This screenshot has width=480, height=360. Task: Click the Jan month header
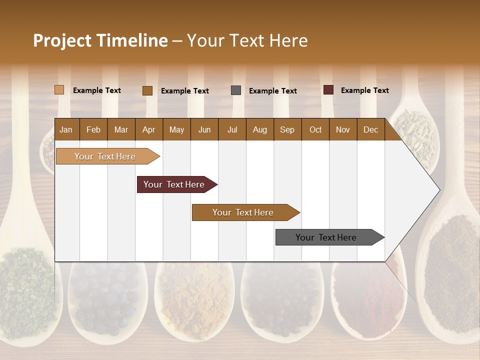pos(66,129)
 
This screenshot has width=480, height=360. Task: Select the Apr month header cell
pos(148,129)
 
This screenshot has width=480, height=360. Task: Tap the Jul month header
pos(232,129)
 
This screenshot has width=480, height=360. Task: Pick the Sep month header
pos(287,129)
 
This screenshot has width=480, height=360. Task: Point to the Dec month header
pos(370,129)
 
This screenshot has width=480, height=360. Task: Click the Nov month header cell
pos(342,129)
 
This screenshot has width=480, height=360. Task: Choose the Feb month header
pos(93,129)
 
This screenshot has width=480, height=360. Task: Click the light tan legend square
pos(59,90)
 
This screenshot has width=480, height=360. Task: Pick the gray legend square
pos(236,90)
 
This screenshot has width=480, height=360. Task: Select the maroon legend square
pos(328,90)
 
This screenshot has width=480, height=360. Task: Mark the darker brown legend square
pos(147,90)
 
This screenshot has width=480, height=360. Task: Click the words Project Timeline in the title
pos(100,40)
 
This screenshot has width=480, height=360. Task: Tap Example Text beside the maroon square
pos(364,90)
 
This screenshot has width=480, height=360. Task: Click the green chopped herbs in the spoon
pos(25,290)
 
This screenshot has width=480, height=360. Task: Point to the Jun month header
pos(204,129)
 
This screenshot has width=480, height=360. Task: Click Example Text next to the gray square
pos(272,91)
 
